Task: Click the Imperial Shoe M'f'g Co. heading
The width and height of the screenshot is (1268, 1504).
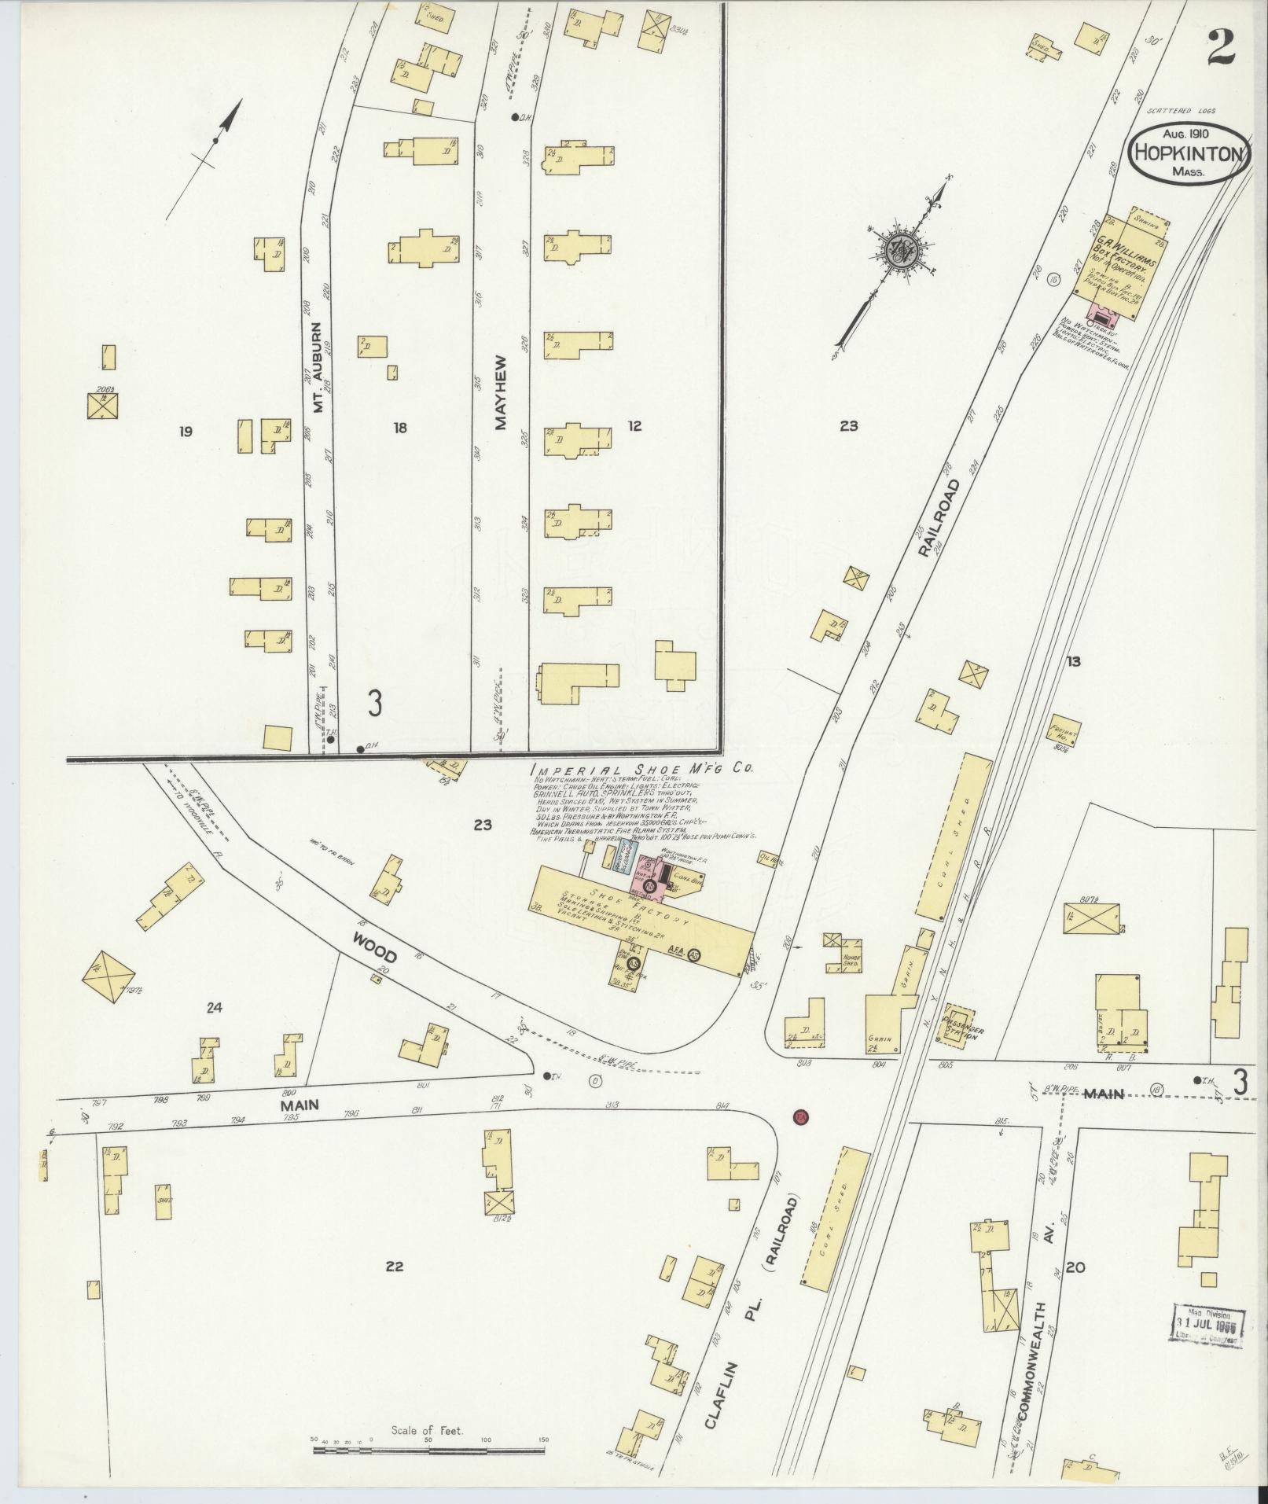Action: (x=641, y=770)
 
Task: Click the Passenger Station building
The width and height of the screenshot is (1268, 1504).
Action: (x=959, y=1024)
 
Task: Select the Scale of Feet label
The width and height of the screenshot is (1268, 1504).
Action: (x=428, y=1430)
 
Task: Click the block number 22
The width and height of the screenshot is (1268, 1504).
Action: (x=395, y=1266)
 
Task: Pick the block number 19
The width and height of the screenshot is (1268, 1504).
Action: (x=186, y=431)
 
